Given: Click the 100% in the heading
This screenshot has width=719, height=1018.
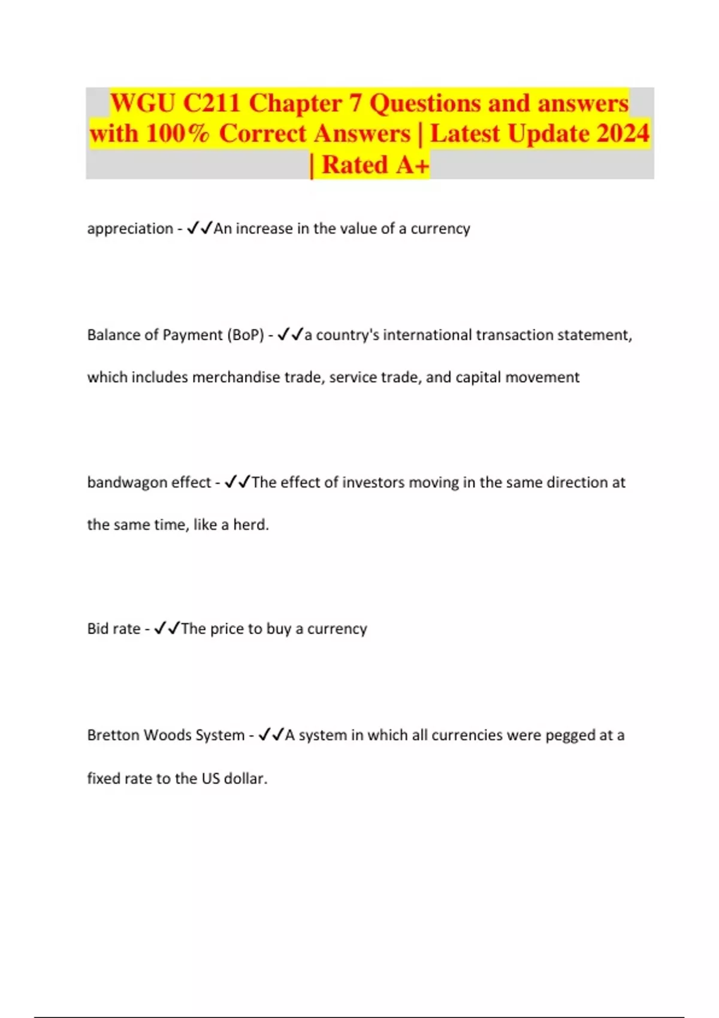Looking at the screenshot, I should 177,134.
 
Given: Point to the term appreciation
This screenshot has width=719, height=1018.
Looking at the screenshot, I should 130,229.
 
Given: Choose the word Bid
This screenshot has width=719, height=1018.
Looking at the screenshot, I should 98,629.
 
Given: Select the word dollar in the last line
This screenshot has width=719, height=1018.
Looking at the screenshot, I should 245,778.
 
